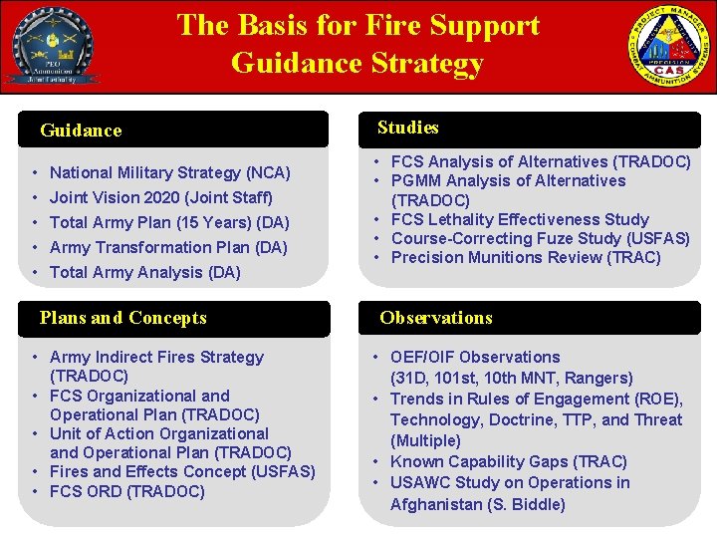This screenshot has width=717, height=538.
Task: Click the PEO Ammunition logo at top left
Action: point(50,46)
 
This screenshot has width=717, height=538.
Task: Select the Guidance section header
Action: point(81,131)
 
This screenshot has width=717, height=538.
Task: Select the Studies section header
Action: point(407,128)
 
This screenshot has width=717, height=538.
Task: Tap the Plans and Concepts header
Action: point(122,318)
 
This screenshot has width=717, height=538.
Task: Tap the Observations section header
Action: point(435,318)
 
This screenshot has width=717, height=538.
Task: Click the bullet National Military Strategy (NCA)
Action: point(169,173)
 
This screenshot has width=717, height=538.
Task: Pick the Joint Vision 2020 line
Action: point(160,198)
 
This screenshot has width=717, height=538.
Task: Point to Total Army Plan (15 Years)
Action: point(169,222)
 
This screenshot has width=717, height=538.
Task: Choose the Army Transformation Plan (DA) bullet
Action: point(167,247)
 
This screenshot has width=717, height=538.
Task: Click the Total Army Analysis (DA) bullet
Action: point(144,272)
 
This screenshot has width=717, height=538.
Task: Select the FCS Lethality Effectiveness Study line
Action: point(520,219)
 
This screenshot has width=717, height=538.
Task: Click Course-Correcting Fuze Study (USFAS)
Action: point(540,238)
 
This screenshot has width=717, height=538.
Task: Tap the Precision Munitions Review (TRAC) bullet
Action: point(525,257)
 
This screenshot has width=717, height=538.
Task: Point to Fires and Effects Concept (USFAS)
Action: point(181,471)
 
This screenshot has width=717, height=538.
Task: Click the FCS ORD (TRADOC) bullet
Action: point(126,491)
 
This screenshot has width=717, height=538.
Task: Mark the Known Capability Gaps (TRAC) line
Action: point(508,461)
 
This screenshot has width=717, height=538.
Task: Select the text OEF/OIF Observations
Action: point(474,357)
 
